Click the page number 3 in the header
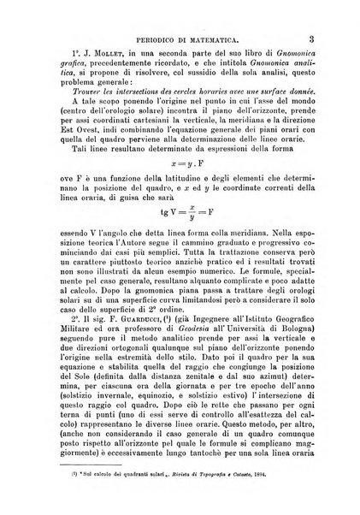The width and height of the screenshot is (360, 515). [313, 38]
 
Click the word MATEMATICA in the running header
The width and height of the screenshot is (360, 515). [209, 39]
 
